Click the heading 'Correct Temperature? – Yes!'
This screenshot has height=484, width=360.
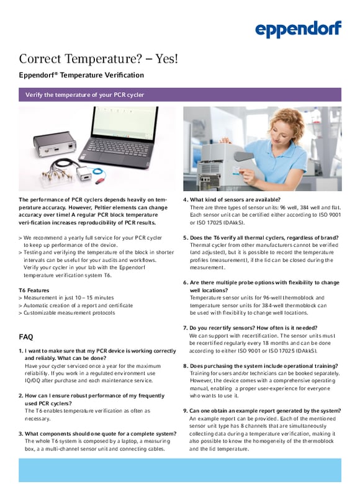(98, 59)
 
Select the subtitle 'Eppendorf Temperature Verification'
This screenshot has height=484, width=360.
(81, 76)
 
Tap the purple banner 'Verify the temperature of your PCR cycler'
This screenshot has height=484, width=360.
(180, 94)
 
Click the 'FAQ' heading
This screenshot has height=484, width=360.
(26, 337)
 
